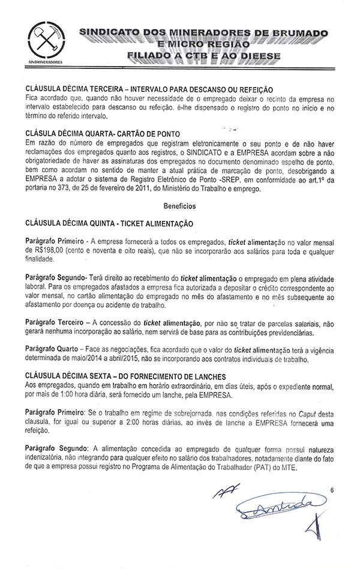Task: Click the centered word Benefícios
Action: [x=179, y=205]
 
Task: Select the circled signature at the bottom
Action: [x=277, y=508]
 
